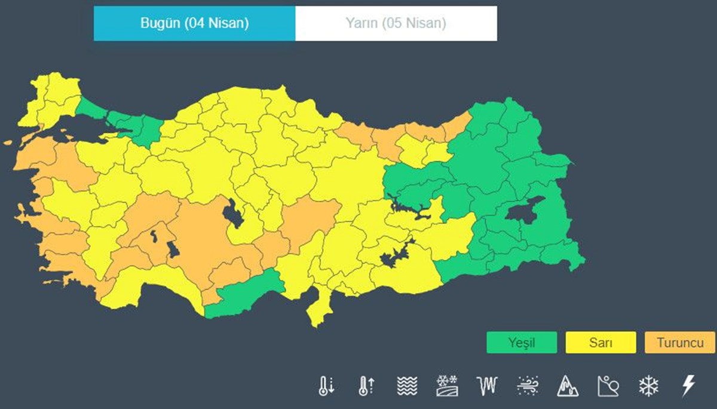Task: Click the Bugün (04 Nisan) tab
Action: click(194, 24)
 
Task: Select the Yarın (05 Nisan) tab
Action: click(396, 24)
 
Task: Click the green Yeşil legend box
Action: click(521, 343)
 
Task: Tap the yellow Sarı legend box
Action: click(600, 343)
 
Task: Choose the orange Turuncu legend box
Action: click(679, 343)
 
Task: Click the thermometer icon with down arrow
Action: click(326, 386)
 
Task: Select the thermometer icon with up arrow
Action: click(366, 386)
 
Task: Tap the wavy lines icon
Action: click(406, 386)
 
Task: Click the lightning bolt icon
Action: click(688, 386)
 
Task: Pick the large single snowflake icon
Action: click(648, 386)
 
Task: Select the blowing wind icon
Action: click(528, 386)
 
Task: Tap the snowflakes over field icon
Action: click(446, 386)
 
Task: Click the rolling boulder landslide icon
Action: click(608, 386)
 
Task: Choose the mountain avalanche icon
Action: click(568, 386)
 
